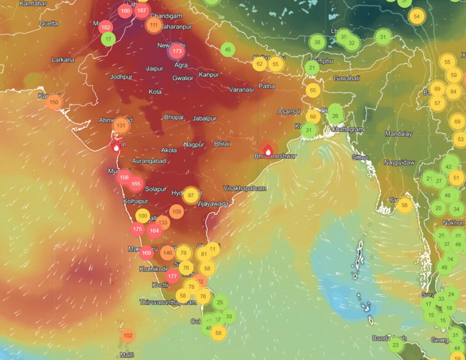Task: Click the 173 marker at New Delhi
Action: pyautogui.click(x=177, y=52)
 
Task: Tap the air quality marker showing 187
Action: pyautogui.click(x=142, y=10)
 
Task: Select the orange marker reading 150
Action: pyautogui.click(x=54, y=102)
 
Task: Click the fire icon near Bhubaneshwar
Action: pyautogui.click(x=268, y=149)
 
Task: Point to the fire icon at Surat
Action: pyautogui.click(x=116, y=146)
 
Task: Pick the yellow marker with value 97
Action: pyautogui.click(x=191, y=195)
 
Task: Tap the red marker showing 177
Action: pyautogui.click(x=172, y=276)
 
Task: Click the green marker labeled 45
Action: pyautogui.click(x=228, y=50)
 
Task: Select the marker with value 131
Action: pyautogui.click(x=121, y=126)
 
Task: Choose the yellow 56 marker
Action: pyautogui.click(x=404, y=205)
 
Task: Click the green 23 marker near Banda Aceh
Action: pyautogui.click(x=395, y=345)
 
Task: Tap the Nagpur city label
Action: pyautogui.click(x=194, y=145)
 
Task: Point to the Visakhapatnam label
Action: pyautogui.click(x=244, y=188)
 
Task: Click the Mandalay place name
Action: pyautogui.click(x=398, y=134)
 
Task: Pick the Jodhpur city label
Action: pyautogui.click(x=121, y=77)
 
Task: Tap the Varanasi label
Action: pyautogui.click(x=241, y=90)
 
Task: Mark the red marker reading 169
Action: pyautogui.click(x=146, y=253)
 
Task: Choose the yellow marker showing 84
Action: pyautogui.click(x=453, y=91)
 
